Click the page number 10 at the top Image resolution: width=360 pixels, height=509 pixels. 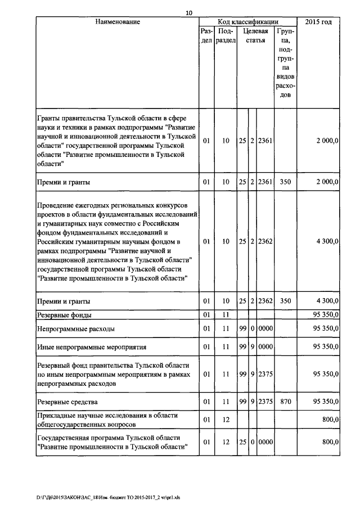click(189, 13)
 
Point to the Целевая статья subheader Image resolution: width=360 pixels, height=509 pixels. click(255, 37)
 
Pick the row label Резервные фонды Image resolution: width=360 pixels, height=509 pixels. click(64, 314)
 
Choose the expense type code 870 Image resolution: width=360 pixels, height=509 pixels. click(285, 402)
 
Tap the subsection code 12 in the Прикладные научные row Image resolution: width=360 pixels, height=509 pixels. click(226, 420)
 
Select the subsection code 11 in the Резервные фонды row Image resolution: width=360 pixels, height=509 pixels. click(226, 314)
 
